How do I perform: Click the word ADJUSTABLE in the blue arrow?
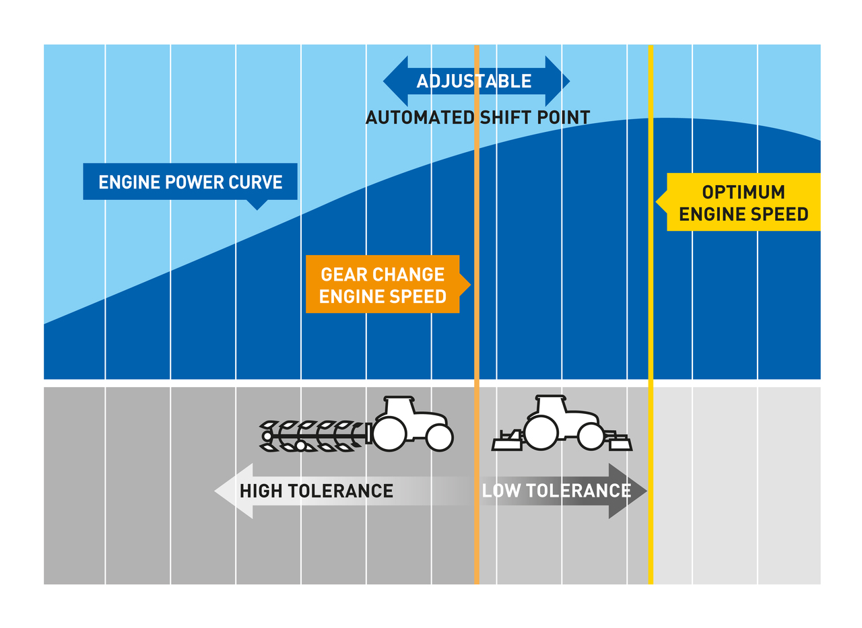(x=473, y=81)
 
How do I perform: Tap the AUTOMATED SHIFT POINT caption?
(x=477, y=118)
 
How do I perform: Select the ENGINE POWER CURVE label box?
(x=190, y=182)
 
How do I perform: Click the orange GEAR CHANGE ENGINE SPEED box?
(x=382, y=284)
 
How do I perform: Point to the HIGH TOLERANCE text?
(x=316, y=491)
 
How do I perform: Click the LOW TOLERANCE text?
(x=556, y=491)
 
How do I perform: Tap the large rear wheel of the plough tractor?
(x=389, y=433)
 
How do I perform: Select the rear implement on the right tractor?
(x=508, y=441)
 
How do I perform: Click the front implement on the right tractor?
(x=618, y=442)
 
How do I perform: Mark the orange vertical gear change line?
(x=477, y=337)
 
